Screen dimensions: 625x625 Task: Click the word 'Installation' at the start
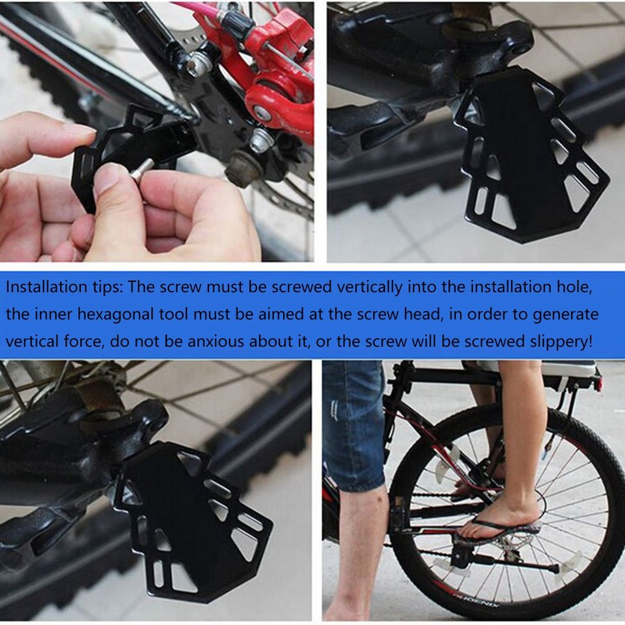point(44,286)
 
